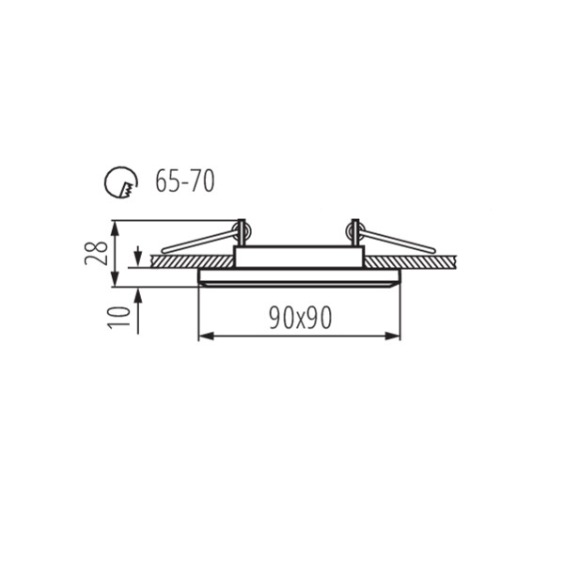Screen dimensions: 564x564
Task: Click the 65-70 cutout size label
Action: pyautogui.click(x=185, y=180)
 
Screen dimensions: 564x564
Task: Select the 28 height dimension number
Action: pyautogui.click(x=97, y=254)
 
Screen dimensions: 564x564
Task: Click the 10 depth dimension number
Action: pyautogui.click(x=119, y=318)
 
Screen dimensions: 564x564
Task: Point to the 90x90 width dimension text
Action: pyautogui.click(x=301, y=319)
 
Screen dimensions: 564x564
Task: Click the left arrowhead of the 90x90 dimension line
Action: pyautogui.click(x=206, y=337)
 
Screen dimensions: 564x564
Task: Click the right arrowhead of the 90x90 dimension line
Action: pyautogui.click(x=392, y=337)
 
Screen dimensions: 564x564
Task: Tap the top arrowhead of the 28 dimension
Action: pyautogui.click(x=115, y=228)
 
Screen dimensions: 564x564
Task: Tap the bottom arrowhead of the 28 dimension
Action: pyautogui.click(x=115, y=279)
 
